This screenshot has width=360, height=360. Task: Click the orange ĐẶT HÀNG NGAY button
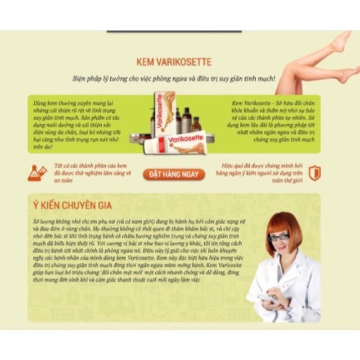click(174, 174)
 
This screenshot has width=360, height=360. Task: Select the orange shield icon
click(314, 173)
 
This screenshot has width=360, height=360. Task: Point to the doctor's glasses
click(278, 237)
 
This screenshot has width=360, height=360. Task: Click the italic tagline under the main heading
click(174, 78)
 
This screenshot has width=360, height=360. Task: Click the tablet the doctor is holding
click(267, 298)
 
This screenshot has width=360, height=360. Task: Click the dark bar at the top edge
click(174, 31)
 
